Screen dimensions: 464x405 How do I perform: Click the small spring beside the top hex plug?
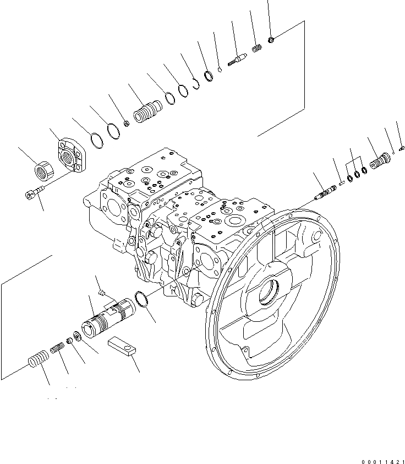coord(256,48)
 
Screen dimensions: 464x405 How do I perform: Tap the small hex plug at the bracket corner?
coord(272,39)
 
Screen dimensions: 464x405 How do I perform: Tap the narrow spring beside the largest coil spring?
coord(58,348)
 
